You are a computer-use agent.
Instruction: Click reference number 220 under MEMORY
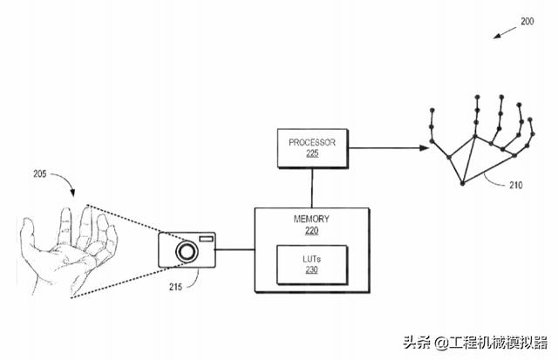[311, 233]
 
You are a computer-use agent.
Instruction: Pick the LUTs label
[311, 259]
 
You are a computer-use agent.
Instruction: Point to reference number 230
[311, 270]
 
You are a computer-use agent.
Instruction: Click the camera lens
[187, 252]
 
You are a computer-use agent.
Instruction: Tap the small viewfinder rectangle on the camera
[207, 238]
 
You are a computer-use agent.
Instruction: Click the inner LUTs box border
[277, 265]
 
